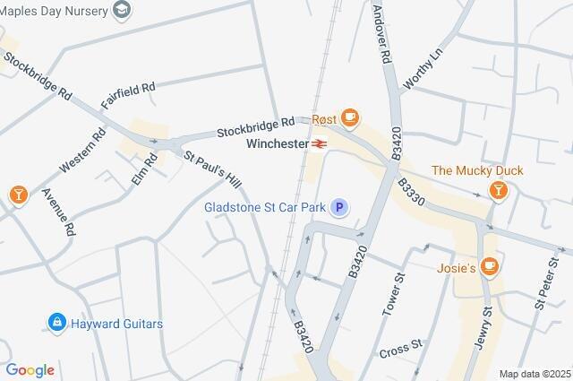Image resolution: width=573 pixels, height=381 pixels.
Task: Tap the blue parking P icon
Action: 339,208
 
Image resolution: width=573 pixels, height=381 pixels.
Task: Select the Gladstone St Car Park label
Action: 264,208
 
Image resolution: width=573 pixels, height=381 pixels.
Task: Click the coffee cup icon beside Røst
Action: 350,117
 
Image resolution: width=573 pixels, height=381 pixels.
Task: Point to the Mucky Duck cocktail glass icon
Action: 499,190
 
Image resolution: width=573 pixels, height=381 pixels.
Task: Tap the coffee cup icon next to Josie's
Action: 489,265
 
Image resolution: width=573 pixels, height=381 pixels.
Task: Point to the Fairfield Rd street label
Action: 128,96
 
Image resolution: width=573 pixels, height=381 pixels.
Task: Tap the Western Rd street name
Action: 82,152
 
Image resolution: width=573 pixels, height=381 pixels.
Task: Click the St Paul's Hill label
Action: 213,169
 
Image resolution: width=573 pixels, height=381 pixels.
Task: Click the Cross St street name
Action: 400,347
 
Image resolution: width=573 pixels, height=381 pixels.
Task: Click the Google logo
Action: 30,370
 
